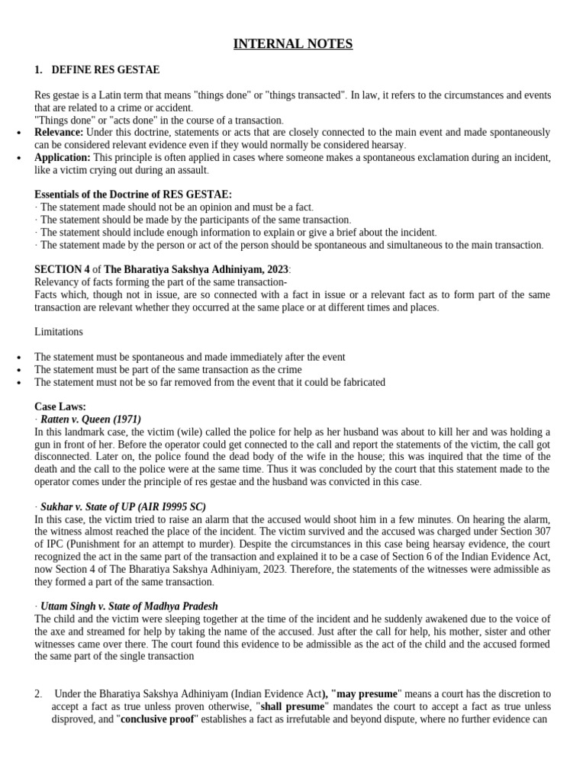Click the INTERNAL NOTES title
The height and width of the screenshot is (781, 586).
pos(293,44)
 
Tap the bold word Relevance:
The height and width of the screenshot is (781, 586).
pos(59,133)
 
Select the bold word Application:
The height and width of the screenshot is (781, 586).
pos(63,158)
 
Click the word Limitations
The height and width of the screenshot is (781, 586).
pos(59,332)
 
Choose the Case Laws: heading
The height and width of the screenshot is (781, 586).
pos(60,407)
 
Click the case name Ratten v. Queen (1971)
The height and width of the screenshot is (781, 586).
pos(91,419)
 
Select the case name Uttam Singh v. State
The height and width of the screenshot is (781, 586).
pos(129,606)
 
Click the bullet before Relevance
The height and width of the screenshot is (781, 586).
pos(18,133)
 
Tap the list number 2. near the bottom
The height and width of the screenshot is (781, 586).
pos(38,694)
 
